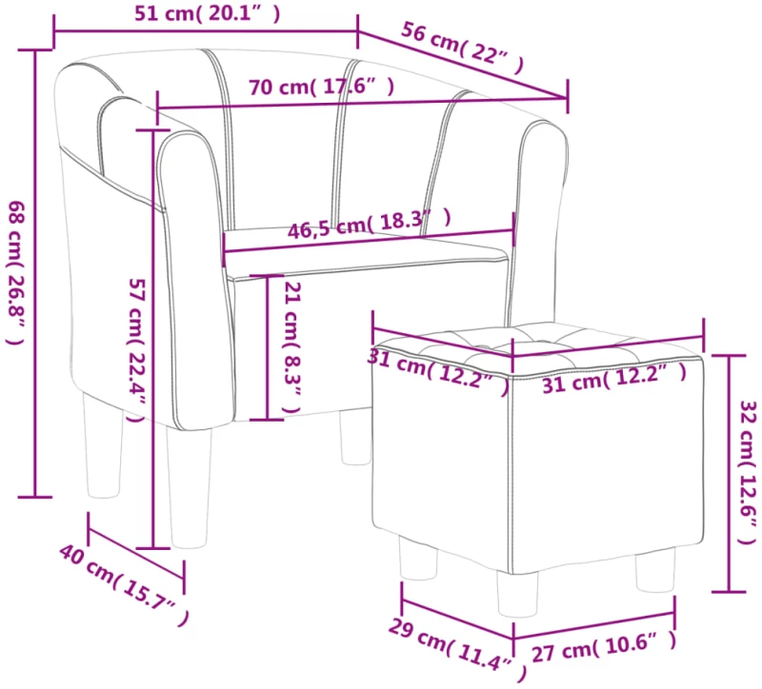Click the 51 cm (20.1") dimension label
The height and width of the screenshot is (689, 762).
(208, 13)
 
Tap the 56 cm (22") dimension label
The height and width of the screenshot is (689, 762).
(462, 49)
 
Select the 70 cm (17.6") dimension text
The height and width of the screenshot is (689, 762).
(321, 87)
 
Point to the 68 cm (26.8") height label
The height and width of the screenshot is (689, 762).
(16, 272)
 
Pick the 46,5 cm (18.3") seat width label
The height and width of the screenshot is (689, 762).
(370, 224)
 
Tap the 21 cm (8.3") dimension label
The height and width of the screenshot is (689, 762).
(291, 346)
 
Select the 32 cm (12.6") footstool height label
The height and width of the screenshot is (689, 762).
(749, 472)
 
